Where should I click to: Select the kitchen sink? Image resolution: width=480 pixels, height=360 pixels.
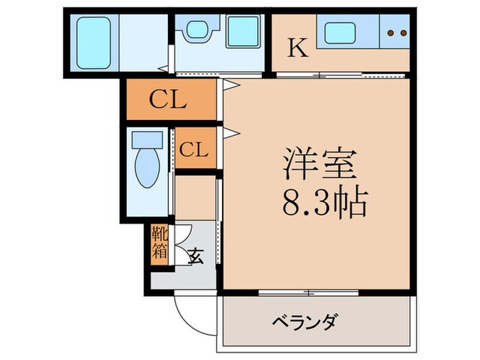click(x=341, y=32)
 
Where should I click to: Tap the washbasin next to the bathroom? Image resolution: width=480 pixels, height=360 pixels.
click(x=197, y=31)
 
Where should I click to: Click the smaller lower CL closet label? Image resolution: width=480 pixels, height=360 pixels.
click(x=195, y=149)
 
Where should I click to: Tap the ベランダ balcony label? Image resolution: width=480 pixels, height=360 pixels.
click(x=305, y=322)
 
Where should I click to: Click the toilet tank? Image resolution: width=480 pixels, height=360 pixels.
click(x=147, y=140)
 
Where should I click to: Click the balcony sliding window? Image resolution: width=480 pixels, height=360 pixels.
click(x=309, y=293)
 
